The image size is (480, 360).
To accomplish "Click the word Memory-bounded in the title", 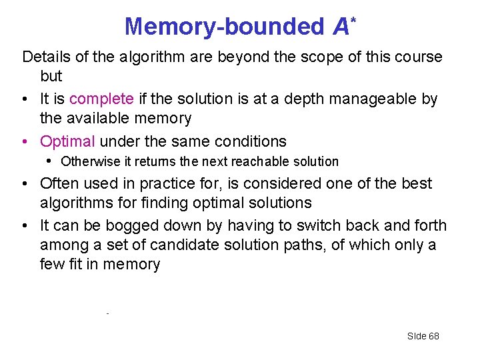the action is (224, 27).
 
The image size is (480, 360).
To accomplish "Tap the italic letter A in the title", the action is (341, 27).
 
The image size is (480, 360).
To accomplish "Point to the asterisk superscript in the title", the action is (353, 16).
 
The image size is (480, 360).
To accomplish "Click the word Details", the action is (47, 57).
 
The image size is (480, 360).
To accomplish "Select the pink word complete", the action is (101, 99).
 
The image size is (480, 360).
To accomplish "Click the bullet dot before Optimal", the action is (24, 142).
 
